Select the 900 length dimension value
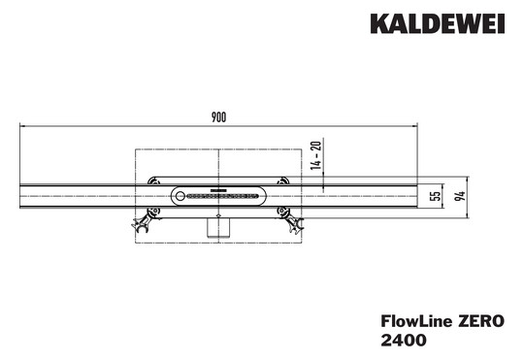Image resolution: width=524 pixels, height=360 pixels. pyautogui.click(x=218, y=117)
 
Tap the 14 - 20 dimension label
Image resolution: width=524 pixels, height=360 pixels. pyautogui.click(x=316, y=154)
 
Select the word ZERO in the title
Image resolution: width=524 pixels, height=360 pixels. pyautogui.click(x=480, y=321)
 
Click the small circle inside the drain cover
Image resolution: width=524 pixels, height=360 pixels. pyautogui.click(x=180, y=196)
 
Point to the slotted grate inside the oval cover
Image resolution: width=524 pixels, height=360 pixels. pyautogui.click(x=223, y=196)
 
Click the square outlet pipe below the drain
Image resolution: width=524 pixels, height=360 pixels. pyautogui.click(x=218, y=226)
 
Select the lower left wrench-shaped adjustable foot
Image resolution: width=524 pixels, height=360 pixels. pyautogui.click(x=143, y=221)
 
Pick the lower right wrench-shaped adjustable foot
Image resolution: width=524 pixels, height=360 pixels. pyautogui.click(x=292, y=221)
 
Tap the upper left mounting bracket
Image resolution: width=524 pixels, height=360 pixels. pyautogui.click(x=155, y=180)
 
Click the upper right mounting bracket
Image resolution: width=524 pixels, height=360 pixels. pyautogui.click(x=281, y=180)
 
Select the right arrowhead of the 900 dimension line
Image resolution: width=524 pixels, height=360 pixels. pyautogui.click(x=414, y=125)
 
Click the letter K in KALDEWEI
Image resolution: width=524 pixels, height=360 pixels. pyautogui.click(x=377, y=22)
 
